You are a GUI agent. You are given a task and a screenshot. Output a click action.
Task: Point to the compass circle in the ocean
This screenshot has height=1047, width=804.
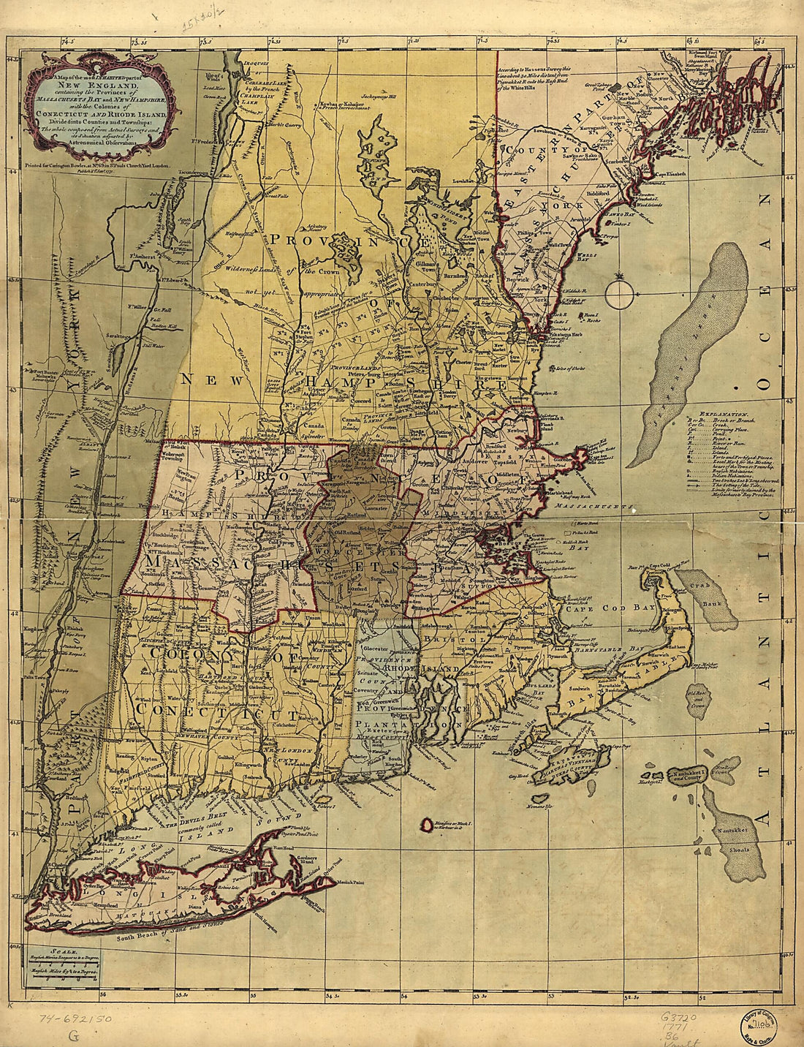pyautogui.click(x=619, y=294)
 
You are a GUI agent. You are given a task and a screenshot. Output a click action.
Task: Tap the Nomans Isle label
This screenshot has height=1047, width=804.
pyautogui.click(x=537, y=806)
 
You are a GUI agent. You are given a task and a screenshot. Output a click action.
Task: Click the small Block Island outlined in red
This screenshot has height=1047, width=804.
pyautogui.click(x=425, y=824)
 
